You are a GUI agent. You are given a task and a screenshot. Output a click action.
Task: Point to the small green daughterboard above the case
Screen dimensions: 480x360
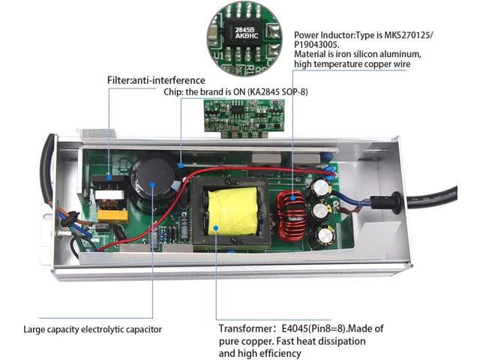[236, 118]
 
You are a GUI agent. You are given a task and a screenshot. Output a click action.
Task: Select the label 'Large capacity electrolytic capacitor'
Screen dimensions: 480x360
[92, 328]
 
